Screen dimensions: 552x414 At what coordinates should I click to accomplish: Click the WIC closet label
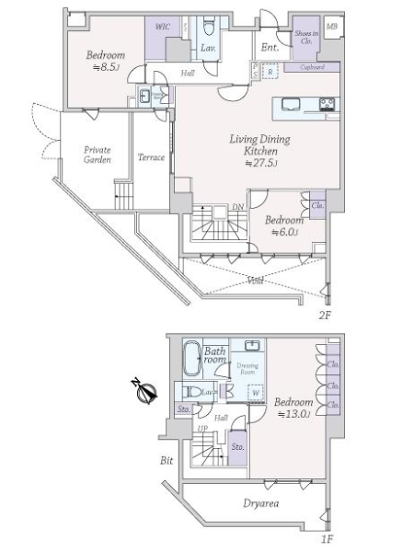tap(163, 28)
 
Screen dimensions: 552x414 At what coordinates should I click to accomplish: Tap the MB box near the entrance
tap(331, 27)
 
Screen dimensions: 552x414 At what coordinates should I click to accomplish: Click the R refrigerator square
tap(270, 70)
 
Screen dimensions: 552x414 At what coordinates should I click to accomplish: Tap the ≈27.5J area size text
tap(260, 163)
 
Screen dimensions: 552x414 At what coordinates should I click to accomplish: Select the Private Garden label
tap(98, 154)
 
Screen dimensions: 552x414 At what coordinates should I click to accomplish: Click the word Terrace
tap(150, 157)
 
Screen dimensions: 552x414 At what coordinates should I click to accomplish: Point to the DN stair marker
tap(237, 208)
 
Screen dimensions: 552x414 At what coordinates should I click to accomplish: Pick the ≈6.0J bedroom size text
tap(285, 233)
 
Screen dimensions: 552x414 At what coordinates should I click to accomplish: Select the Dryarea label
tap(261, 503)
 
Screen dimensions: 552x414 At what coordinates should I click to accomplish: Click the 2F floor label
tap(324, 314)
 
